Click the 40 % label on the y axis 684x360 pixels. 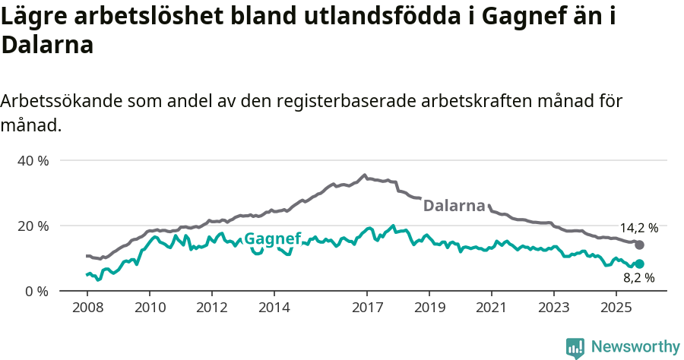click(32, 161)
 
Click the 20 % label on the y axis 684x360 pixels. click(32, 226)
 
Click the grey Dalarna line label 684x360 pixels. click(454, 206)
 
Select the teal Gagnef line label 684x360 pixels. click(272, 238)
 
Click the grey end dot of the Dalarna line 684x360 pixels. click(639, 245)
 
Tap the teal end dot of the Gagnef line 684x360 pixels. click(639, 264)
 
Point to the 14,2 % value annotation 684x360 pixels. click(638, 228)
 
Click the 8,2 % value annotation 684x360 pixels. click(638, 279)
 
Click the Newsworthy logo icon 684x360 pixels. click(575, 347)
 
